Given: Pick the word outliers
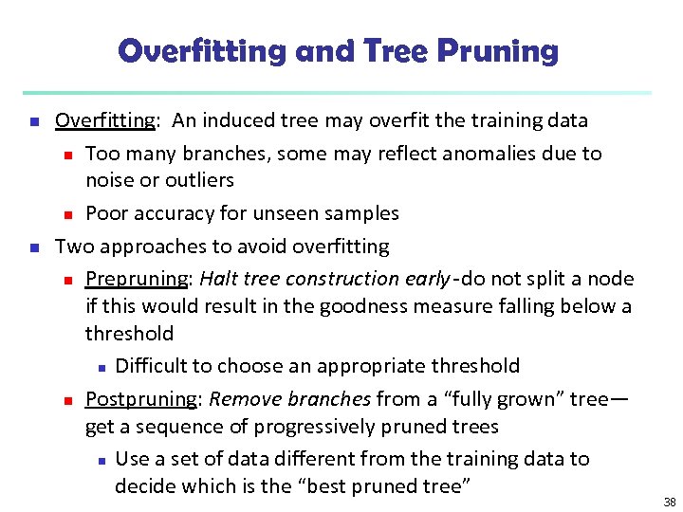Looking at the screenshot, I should click(x=199, y=179).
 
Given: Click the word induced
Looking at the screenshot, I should click(x=236, y=120).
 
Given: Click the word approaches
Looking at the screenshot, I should click(x=146, y=247).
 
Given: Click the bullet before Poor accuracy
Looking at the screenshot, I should click(x=67, y=214).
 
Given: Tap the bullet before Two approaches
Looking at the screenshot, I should click(x=35, y=247).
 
